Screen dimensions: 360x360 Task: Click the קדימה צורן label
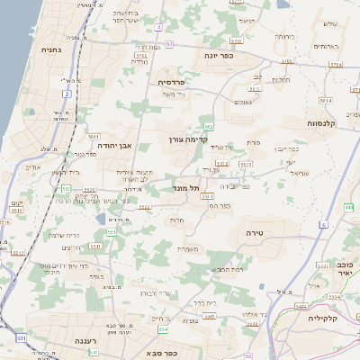[x=189, y=139]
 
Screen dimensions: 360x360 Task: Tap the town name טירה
[x=257, y=232]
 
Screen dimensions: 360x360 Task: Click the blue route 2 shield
[x=67, y=94]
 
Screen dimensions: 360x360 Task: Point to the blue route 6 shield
[x=323, y=224]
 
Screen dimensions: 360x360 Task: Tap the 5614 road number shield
[x=325, y=102]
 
